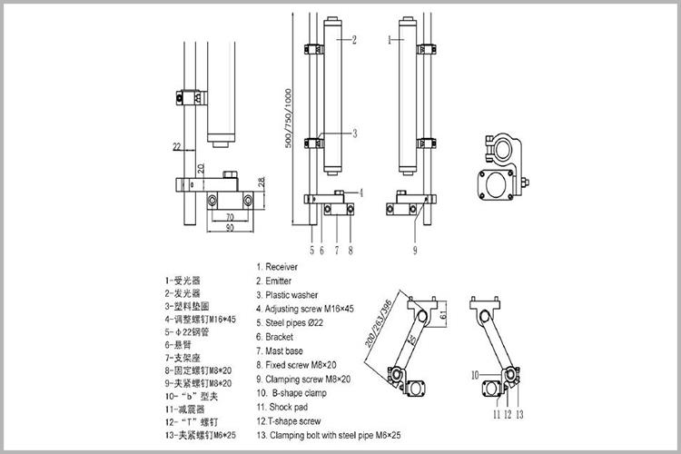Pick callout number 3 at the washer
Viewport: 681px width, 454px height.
[x=354, y=133]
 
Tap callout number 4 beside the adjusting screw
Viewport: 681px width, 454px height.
[x=361, y=192]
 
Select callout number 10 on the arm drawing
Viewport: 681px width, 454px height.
[x=475, y=373]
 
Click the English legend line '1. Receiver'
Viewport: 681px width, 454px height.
[x=283, y=267]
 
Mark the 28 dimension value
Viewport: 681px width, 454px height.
[x=261, y=183]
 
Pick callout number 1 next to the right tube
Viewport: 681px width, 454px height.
[x=389, y=40]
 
